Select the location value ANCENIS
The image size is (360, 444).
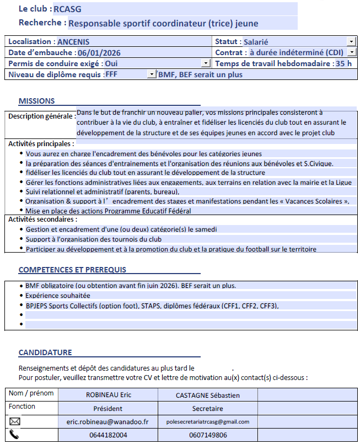pyautogui.click(x=73, y=41)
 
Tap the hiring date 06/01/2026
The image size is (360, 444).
pyautogui.click(x=99, y=52)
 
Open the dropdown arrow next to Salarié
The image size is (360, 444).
pyautogui.click(x=351, y=41)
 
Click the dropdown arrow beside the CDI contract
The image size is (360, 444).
pyautogui.click(x=351, y=52)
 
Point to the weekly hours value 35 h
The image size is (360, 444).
pyautogui.click(x=343, y=63)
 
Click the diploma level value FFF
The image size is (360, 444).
pyautogui.click(x=111, y=74)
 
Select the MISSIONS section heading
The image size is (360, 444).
pyautogui.click(x=36, y=101)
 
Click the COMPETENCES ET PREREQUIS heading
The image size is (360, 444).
pyautogui.click(x=72, y=270)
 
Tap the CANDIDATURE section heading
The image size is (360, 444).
pyautogui.click(x=45, y=352)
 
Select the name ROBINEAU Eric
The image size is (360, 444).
pyautogui.click(x=109, y=395)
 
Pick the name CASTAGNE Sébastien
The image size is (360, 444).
pyautogui.click(x=207, y=395)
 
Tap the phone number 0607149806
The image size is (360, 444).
pyautogui.click(x=207, y=435)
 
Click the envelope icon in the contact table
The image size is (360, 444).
pyautogui.click(x=15, y=421)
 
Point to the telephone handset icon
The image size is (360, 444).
pyautogui.click(x=15, y=434)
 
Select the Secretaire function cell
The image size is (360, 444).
pyautogui.click(x=207, y=408)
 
